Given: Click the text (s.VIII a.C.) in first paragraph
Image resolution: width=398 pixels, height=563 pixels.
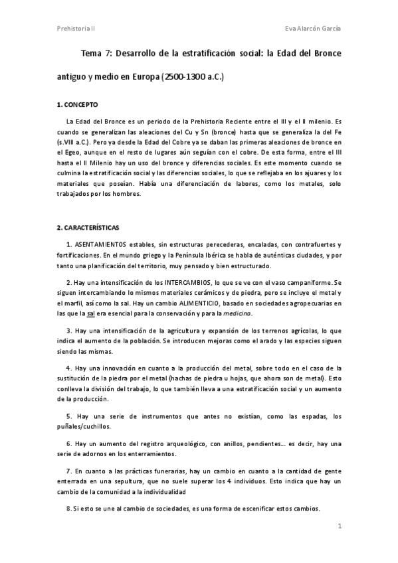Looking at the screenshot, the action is (74, 142).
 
